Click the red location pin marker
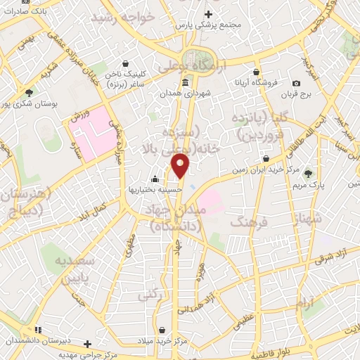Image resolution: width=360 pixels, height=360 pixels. pyautogui.click(x=181, y=166)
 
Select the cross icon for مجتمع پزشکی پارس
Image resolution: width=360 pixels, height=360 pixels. pyautogui.click(x=207, y=13)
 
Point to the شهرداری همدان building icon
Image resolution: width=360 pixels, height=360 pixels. pyautogui.click(x=185, y=84)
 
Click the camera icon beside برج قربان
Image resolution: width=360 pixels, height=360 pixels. pyautogui.click(x=296, y=83)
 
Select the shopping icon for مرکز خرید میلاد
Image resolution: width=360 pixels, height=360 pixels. pyautogui.click(x=162, y=330)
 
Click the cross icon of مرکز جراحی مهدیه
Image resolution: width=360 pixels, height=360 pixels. pyautogui.click(x=87, y=344)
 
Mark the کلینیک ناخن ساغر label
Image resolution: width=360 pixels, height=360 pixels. pyautogui.click(x=118, y=78)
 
